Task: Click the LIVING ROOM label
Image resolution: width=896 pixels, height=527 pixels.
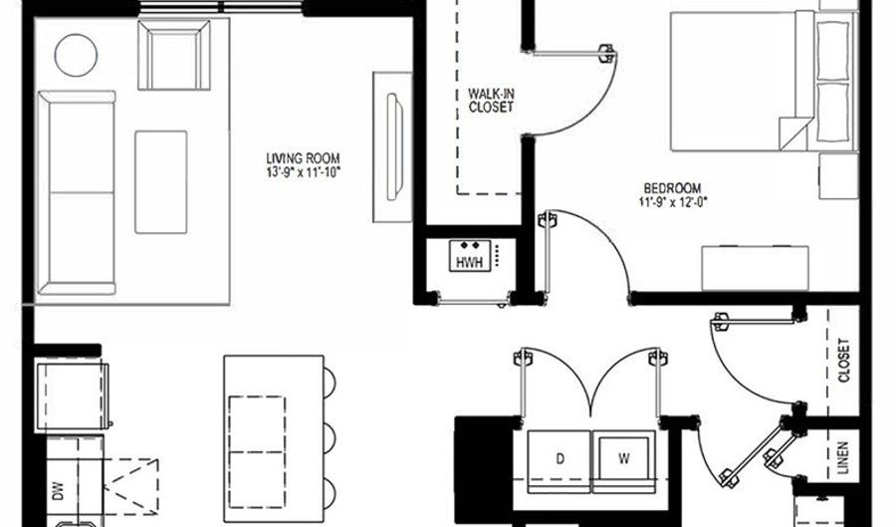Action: tap(303, 158)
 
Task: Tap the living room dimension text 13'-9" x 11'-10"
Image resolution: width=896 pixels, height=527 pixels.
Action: tap(303, 172)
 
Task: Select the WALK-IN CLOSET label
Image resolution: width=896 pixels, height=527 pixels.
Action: tap(491, 100)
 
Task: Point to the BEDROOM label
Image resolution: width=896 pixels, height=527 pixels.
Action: tap(673, 188)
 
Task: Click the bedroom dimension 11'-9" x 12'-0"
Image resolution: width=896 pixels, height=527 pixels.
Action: tap(673, 202)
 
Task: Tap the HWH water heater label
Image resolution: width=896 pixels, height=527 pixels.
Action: tap(469, 262)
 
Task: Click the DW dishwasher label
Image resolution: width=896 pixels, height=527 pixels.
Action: tap(58, 491)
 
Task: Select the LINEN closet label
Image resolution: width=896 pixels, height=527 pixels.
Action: tap(843, 458)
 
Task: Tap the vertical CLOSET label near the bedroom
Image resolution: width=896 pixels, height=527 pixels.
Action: tap(843, 361)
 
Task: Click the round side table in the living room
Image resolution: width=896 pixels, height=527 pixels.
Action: tap(76, 55)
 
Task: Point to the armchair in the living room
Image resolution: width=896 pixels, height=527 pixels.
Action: tap(173, 55)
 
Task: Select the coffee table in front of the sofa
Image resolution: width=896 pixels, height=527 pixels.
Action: tap(161, 181)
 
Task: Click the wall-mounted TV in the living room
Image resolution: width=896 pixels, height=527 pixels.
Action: tap(394, 146)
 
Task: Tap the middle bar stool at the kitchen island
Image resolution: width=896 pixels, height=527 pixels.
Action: tap(330, 437)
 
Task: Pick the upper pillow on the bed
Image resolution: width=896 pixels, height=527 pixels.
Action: tap(832, 50)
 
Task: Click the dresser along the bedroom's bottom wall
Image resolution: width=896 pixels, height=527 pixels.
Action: tap(755, 269)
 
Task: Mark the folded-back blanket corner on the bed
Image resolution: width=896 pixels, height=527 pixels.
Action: tap(795, 133)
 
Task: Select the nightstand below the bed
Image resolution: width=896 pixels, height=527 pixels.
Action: tap(838, 175)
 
